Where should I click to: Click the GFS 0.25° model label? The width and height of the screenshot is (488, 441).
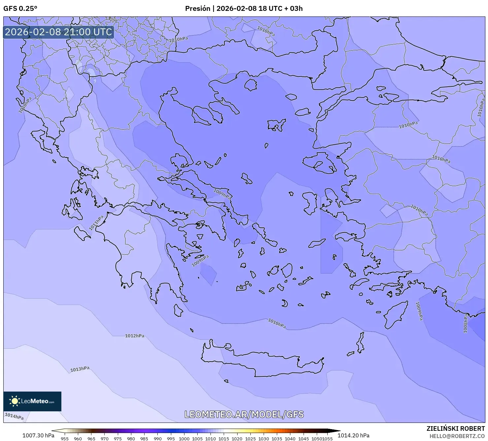20,9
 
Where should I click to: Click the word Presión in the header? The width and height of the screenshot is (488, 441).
197,9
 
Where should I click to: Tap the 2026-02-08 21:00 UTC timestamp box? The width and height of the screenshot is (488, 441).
58,32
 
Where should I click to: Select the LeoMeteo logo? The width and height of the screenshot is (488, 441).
32,401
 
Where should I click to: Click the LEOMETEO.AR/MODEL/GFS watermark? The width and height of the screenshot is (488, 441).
244,414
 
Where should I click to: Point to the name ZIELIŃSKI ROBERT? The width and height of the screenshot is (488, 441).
455,429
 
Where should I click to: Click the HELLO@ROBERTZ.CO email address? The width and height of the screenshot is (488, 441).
457,436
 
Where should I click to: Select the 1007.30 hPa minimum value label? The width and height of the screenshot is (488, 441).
38,435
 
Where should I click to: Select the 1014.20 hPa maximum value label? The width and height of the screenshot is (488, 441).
353,435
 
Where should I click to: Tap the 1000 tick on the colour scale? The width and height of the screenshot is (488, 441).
184,438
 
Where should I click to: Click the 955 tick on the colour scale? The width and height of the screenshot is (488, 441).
65,438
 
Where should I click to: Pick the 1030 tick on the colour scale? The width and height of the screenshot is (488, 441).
263,438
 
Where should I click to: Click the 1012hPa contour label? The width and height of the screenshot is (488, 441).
135,336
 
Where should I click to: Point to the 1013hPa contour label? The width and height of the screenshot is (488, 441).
80,369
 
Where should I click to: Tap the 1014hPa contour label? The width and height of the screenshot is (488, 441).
14,416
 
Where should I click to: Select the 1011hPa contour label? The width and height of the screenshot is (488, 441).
96,223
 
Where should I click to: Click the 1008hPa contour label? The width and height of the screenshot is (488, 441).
466,323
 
